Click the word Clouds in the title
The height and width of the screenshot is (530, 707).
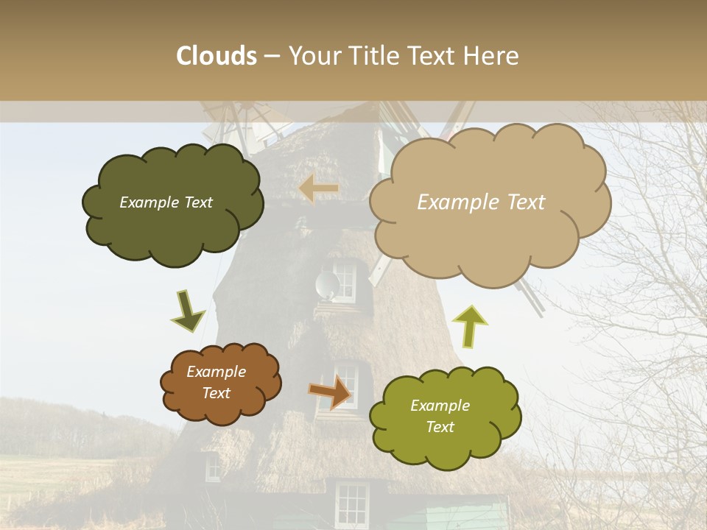pos(217,56)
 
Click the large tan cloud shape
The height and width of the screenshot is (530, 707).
pos(489,202)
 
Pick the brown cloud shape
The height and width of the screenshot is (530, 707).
pos(220,382)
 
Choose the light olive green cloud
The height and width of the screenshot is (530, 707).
pos(444,416)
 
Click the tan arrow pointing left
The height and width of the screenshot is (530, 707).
pos(319,189)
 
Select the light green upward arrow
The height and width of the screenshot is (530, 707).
pos(470,325)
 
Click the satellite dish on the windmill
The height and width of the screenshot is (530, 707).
pos(326,284)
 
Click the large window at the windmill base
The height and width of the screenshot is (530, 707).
pos(351,504)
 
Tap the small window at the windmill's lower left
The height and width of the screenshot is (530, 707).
pos(212,467)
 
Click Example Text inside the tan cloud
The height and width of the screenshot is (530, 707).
pos(481,202)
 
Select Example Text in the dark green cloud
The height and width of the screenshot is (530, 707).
pos(166,202)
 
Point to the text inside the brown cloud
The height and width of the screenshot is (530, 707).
pos(216,382)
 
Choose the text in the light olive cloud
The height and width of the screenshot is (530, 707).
pos(440,416)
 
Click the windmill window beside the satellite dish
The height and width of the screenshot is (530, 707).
pos(346,279)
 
